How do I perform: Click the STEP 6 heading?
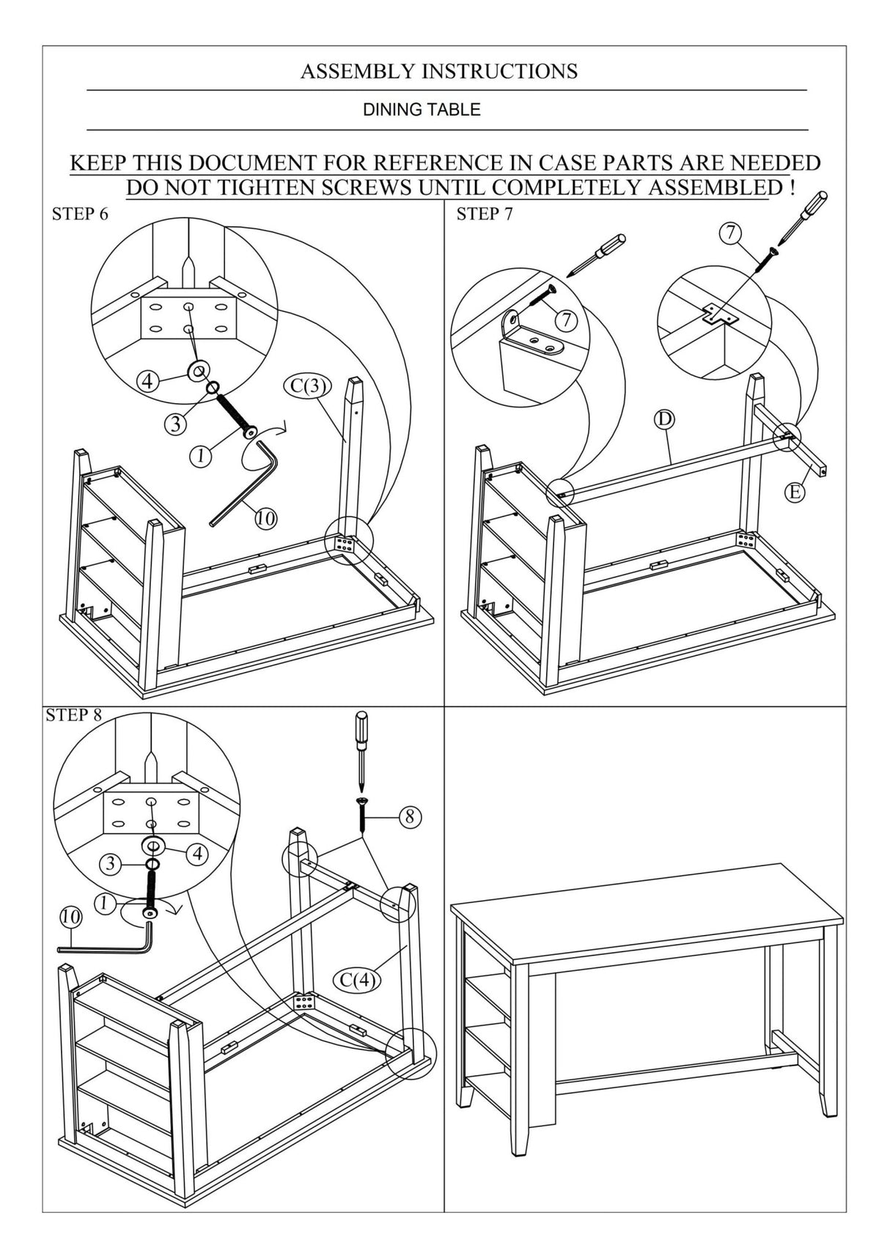(80, 214)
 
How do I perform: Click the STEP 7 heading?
(484, 214)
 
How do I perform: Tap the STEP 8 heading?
(73, 715)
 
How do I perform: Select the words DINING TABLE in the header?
(422, 110)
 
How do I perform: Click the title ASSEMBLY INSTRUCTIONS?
(438, 71)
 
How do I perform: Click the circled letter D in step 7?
(664, 419)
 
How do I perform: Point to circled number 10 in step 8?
(70, 916)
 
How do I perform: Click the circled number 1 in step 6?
(200, 456)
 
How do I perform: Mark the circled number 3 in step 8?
(110, 863)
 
